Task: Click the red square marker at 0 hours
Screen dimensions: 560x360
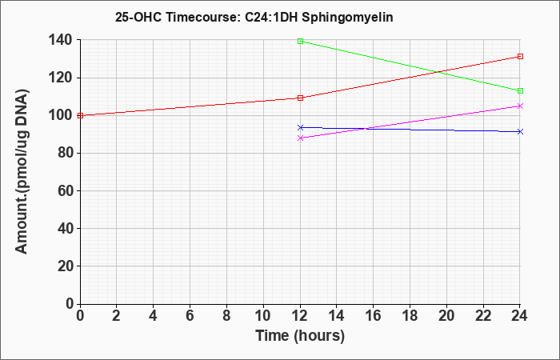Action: point(80,115)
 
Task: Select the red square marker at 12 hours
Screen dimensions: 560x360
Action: point(300,98)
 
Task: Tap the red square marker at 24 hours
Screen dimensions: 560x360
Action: point(520,57)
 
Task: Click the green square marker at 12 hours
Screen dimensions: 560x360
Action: point(300,42)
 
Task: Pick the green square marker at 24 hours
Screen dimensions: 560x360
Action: point(520,90)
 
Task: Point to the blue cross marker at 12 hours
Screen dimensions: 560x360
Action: point(300,127)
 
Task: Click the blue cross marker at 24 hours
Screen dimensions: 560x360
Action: point(520,132)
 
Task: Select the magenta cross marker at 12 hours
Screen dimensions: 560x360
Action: point(300,138)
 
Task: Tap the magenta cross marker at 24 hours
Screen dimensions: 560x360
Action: point(520,106)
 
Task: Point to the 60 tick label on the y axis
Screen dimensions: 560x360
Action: point(66,190)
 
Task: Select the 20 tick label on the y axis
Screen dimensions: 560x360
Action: point(66,266)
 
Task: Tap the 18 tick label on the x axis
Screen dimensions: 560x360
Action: point(410,316)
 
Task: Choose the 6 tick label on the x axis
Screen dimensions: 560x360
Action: point(190,316)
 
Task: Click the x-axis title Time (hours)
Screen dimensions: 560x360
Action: point(300,336)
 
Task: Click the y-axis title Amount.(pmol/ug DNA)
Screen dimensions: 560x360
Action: point(22,172)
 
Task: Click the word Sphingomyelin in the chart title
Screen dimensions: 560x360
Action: point(347,17)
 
